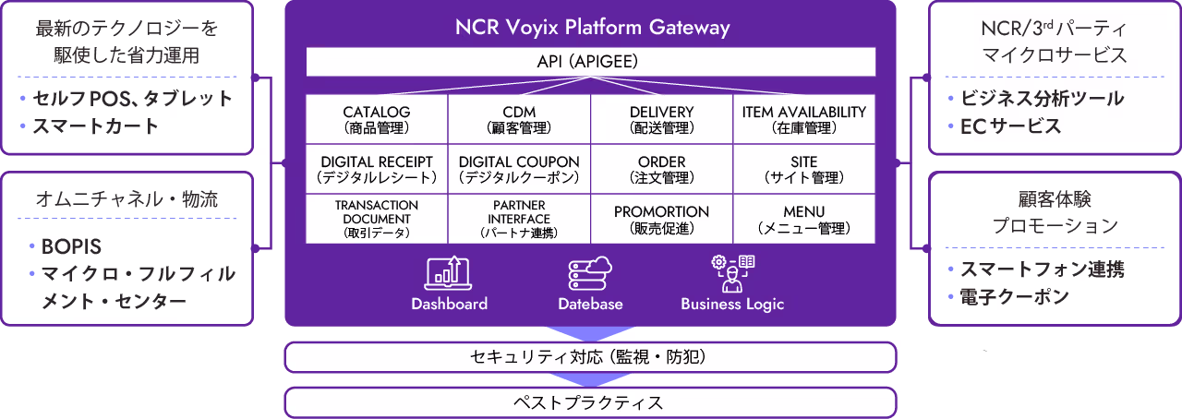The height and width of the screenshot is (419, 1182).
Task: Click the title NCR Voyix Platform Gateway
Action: (x=592, y=27)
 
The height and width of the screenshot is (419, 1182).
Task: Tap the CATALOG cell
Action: (x=376, y=120)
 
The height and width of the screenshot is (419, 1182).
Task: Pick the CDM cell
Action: (x=519, y=120)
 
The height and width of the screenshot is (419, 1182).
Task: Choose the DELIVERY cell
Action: (x=661, y=120)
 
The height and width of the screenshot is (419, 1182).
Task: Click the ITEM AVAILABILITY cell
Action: (x=804, y=120)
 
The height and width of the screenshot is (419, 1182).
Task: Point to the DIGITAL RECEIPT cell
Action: (x=376, y=169)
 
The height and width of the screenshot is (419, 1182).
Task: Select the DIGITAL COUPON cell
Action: (x=519, y=169)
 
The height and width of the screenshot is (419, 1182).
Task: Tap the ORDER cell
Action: (x=661, y=169)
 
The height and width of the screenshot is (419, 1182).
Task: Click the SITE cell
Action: (x=804, y=169)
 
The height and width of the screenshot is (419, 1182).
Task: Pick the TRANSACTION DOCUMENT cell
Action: (x=376, y=219)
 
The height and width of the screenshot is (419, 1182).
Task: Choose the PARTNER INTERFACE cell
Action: (x=519, y=219)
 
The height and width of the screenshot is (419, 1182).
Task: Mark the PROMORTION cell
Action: (x=661, y=219)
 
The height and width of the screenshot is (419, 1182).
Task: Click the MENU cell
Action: (x=804, y=219)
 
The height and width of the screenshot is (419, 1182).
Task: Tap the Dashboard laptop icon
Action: (x=448, y=272)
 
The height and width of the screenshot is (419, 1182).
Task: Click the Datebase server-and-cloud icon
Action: (x=590, y=272)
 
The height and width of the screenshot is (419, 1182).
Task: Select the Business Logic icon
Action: (x=732, y=272)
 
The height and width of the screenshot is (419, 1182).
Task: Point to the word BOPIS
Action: (x=71, y=246)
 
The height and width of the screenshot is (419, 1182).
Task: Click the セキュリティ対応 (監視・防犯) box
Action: (x=590, y=356)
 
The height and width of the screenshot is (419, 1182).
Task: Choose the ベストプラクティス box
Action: (x=590, y=402)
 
